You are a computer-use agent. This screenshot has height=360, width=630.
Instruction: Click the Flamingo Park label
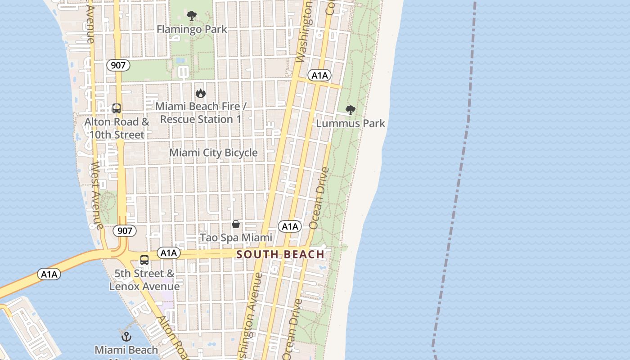point(192,29)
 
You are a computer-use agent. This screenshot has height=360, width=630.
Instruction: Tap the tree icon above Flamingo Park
point(192,16)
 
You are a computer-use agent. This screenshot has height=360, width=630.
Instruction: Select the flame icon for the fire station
point(200,94)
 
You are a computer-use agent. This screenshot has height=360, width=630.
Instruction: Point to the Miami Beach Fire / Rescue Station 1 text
point(200,113)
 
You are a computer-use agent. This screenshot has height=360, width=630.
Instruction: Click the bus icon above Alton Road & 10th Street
point(117,108)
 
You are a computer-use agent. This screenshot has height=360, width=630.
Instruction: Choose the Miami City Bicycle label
point(213,153)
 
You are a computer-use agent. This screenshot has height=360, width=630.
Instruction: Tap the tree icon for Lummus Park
point(350,110)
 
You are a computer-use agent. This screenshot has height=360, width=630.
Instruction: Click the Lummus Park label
point(351,123)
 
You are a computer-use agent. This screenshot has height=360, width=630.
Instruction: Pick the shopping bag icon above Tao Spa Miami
point(235,224)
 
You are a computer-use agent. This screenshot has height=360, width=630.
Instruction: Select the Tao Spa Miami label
point(236,238)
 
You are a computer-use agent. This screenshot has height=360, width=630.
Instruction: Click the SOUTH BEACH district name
point(280,255)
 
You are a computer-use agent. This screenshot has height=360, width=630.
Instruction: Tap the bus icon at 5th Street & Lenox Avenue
point(144,260)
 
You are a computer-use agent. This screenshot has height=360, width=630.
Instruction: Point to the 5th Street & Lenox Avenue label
point(144,280)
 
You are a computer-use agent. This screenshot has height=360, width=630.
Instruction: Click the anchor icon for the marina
point(126,337)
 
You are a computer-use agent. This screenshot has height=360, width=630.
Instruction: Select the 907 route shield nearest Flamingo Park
point(118,65)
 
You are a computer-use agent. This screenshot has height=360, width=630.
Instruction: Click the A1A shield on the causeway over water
point(49,274)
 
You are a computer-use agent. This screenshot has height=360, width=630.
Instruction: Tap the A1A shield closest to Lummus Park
point(319,75)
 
